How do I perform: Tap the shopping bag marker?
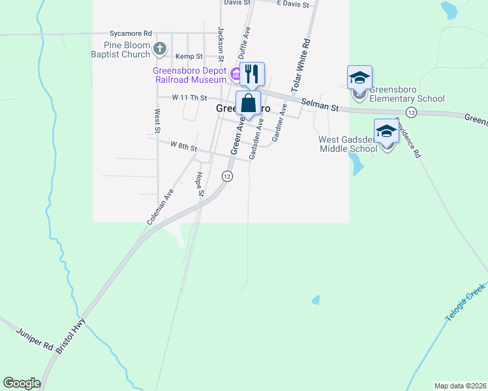coord(248,103)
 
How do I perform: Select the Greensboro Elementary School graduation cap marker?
coord(359,78)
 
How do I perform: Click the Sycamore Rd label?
coord(130,33)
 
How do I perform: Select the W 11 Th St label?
coord(189,98)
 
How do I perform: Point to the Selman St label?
coord(321,104)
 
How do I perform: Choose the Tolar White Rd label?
coord(300,64)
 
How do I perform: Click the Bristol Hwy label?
coord(67,340)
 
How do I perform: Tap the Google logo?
coord(22,383)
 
